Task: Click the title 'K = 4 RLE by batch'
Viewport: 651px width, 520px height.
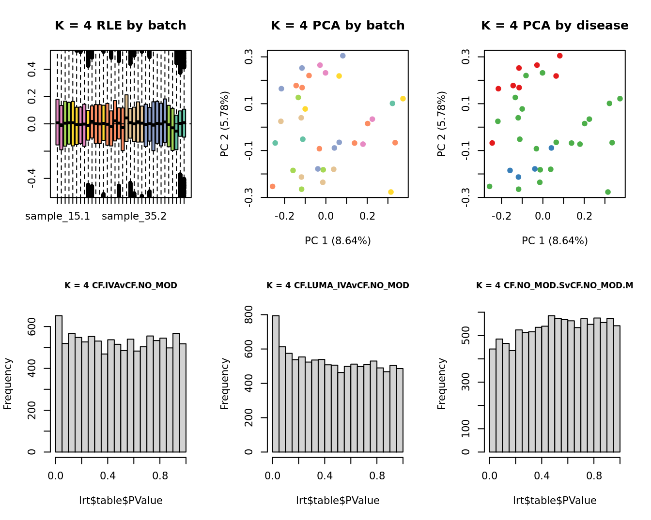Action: [x=120, y=26]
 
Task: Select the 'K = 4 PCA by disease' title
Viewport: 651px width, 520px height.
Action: [x=555, y=26]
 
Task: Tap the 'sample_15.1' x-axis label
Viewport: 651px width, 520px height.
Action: [x=58, y=216]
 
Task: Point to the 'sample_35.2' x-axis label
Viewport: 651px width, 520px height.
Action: [x=134, y=216]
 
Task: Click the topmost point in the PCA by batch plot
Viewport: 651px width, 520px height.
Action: [x=343, y=56]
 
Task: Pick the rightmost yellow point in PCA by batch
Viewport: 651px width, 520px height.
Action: [x=403, y=99]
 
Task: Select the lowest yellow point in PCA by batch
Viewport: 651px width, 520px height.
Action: [x=391, y=192]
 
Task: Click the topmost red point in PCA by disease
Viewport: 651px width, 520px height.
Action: [x=560, y=56]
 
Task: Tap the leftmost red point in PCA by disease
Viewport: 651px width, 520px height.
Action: [x=492, y=143]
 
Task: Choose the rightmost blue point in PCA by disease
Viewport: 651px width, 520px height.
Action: [x=551, y=148]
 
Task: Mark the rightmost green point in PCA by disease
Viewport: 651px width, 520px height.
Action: [x=620, y=99]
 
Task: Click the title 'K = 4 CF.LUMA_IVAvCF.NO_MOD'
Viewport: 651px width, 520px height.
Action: [x=338, y=285]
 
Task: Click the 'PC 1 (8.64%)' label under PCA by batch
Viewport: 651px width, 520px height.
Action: [x=338, y=240]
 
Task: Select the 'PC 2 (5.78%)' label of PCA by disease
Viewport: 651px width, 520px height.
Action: [x=441, y=124]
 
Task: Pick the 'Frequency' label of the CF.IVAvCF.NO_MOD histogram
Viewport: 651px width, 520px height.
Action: [x=8, y=384]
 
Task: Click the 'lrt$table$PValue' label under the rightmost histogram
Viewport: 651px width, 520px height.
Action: [x=555, y=501]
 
